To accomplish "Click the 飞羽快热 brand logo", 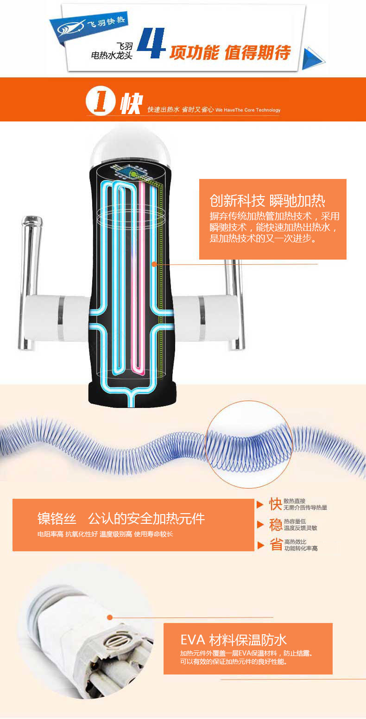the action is coord(91,25).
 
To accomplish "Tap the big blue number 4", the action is coord(151,44).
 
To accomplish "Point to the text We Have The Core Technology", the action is coord(248,110).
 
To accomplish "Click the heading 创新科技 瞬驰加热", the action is coord(267,201).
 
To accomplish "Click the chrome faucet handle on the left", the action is coord(29,278).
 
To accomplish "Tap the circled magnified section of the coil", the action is coord(248,444).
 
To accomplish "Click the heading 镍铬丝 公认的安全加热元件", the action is coord(121,518).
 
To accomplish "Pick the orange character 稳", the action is coord(276,525).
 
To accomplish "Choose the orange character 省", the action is coord(276,545).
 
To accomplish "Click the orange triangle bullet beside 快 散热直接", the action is coord(260,504).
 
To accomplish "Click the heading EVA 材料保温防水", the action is coord(233,641).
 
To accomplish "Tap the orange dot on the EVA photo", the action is coord(110,617).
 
